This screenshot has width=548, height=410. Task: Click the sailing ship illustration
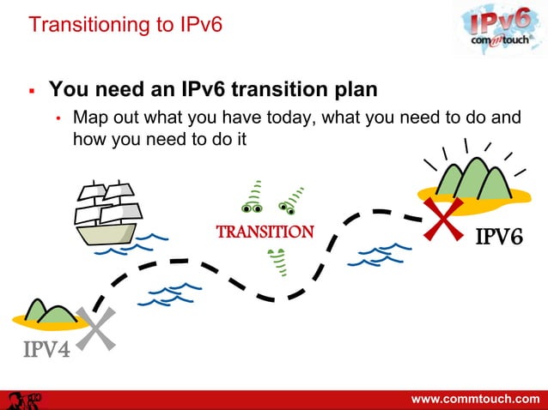107,212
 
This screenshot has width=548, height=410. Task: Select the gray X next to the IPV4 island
97,329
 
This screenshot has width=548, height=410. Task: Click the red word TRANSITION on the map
265,232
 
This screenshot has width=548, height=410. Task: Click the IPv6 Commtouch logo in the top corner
496,29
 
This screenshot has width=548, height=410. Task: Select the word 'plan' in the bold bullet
349,89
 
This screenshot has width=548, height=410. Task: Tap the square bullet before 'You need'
31,89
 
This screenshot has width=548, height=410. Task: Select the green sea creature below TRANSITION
277,262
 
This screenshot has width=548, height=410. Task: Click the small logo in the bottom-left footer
25,400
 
